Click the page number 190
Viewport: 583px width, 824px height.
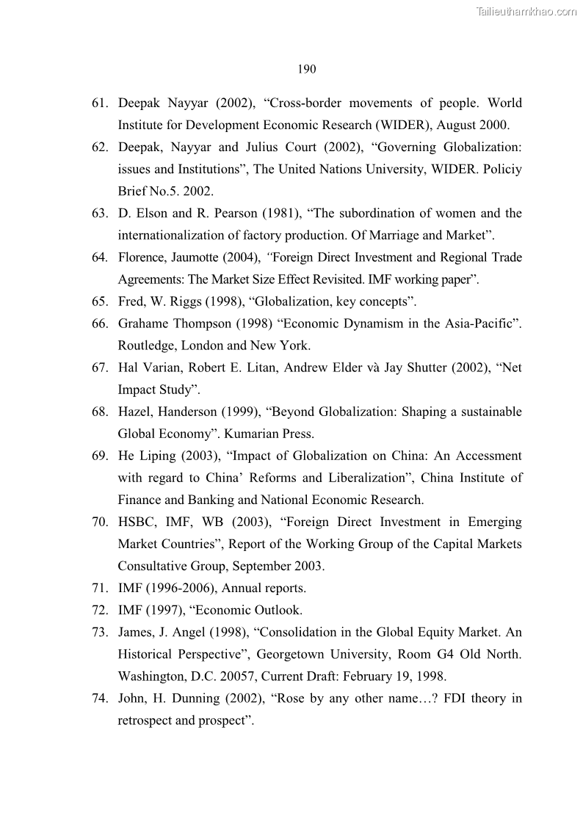[307, 70]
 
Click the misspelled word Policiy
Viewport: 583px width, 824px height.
[503, 169]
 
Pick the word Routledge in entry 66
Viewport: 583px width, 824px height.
[145, 345]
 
